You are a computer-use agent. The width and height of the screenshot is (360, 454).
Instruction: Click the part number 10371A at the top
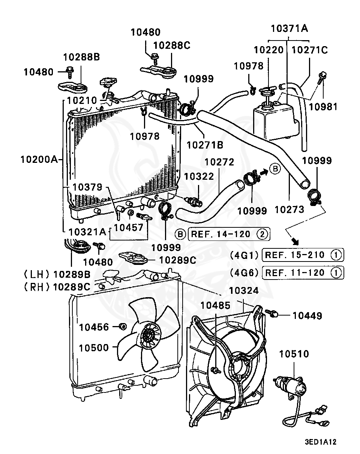[x=289, y=29]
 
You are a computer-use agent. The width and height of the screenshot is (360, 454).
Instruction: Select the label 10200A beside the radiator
[x=39, y=159]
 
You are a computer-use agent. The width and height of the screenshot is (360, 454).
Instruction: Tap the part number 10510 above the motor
[x=294, y=354]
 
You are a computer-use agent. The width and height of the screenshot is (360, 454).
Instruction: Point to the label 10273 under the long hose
[x=289, y=209]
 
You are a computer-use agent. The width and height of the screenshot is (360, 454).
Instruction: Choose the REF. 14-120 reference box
[x=229, y=234]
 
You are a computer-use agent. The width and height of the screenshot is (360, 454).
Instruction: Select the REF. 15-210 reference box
[x=303, y=255]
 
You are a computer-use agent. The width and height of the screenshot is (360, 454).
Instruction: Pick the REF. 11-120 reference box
[x=303, y=273]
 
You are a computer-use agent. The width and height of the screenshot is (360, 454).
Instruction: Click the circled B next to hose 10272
[x=275, y=169]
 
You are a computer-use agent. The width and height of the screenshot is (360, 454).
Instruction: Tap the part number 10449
[x=307, y=316]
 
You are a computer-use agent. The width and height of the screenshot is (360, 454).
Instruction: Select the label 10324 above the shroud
[x=244, y=291]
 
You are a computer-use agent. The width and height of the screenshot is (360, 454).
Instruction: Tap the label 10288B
[x=81, y=57]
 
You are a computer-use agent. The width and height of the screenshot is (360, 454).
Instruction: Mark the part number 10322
[x=199, y=176]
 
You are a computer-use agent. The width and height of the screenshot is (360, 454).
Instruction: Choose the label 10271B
[x=205, y=145]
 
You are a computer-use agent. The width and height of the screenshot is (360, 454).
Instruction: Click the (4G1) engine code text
[x=244, y=255]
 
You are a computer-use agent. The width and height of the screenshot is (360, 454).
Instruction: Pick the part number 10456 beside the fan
[x=94, y=327]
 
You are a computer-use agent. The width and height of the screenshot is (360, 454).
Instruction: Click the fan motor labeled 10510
[x=291, y=386]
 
